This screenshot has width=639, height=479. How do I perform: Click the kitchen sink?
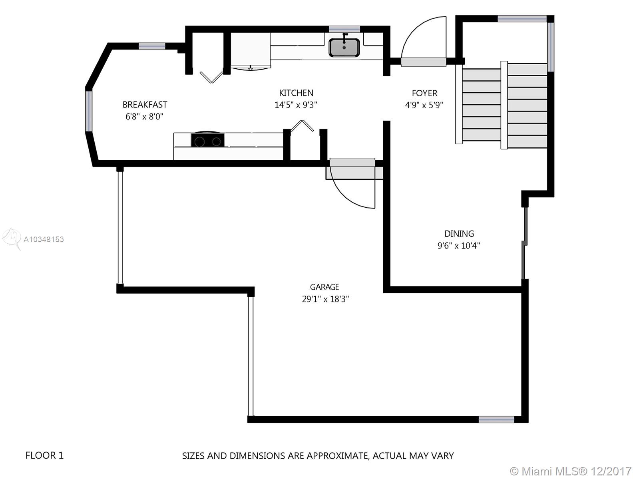(344, 48)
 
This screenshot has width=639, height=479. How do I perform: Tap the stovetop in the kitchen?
(207, 140)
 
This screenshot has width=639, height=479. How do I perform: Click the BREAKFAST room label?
(145, 105)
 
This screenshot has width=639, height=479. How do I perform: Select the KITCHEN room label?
(296, 93)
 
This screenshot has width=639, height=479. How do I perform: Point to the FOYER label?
(424, 93)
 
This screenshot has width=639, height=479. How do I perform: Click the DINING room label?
(459, 234)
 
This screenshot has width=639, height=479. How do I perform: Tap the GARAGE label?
(324, 287)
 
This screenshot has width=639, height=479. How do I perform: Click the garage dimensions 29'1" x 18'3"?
(325, 299)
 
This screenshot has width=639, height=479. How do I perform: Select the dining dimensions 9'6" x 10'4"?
(458, 246)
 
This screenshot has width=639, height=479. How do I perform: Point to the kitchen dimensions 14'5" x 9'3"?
(296, 105)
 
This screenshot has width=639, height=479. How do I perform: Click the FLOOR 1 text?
(44, 455)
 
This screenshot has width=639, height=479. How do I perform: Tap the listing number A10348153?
(44, 239)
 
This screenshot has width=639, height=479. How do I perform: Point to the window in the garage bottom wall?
(496, 419)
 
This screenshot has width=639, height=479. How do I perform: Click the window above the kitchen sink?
(344, 29)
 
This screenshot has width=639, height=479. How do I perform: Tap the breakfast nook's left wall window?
(89, 111)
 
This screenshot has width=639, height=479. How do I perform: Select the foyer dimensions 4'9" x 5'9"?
(424, 105)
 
